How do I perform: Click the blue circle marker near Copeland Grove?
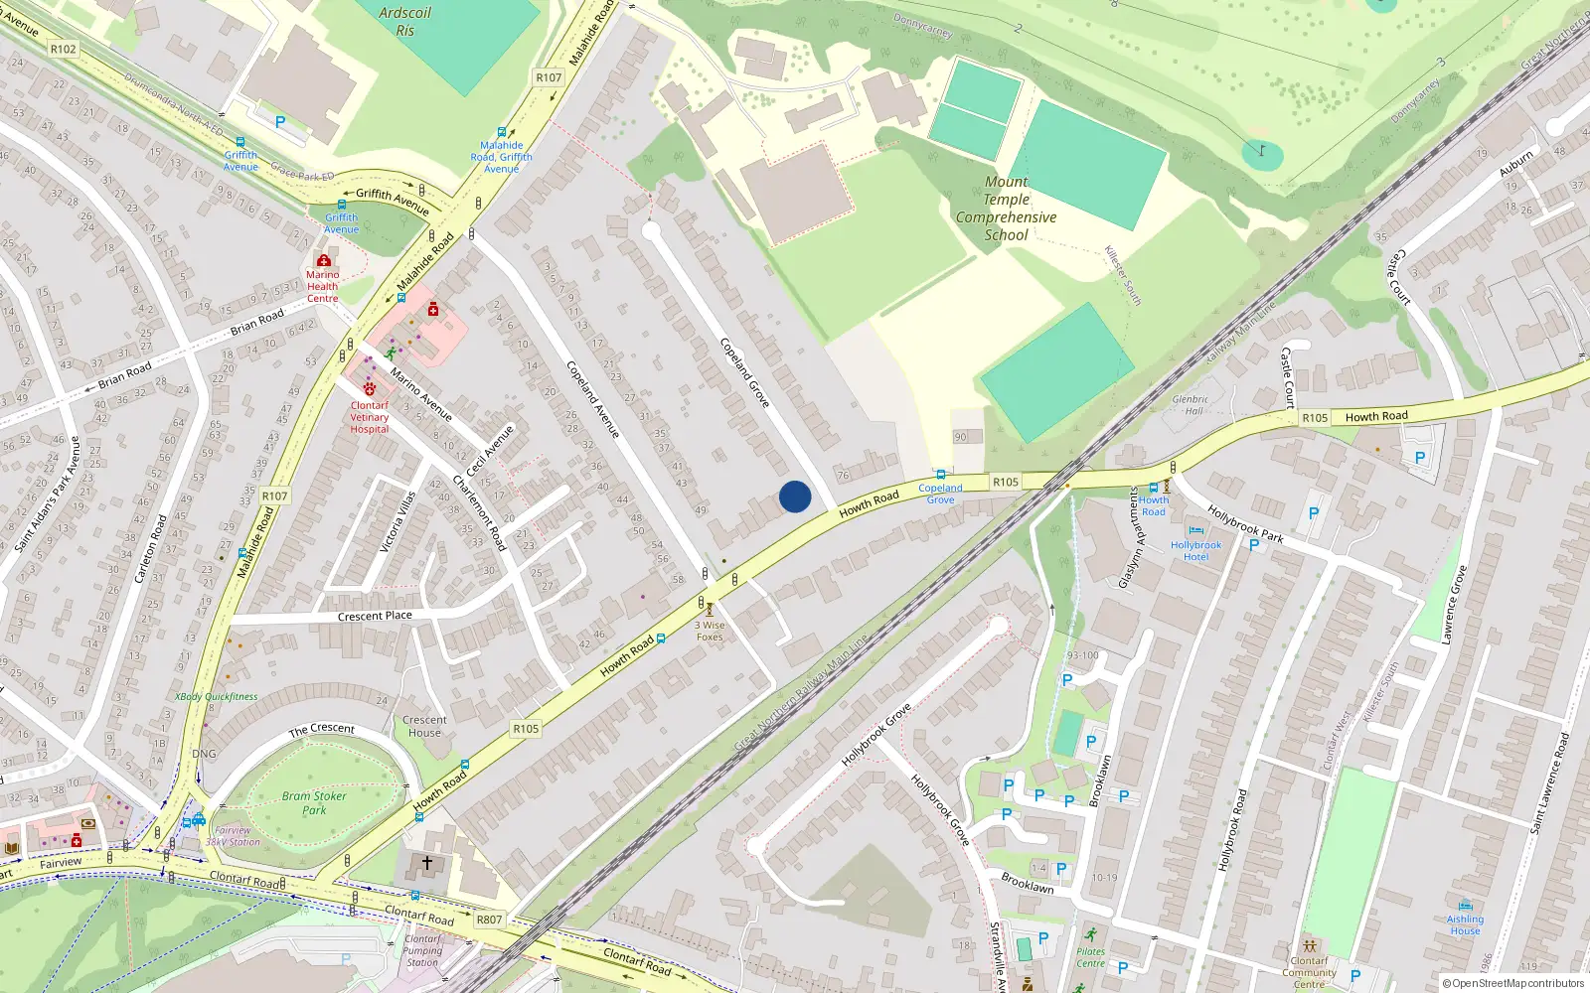point(795,496)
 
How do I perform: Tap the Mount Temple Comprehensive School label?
point(1006,209)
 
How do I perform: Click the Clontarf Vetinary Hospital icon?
point(370,389)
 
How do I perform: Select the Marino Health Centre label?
point(322,286)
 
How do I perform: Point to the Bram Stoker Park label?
point(314,802)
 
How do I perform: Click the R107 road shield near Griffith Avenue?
point(549,77)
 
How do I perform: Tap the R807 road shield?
point(489,920)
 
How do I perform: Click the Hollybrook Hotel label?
point(1195,551)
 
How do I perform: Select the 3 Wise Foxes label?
point(710,631)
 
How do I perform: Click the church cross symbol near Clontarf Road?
point(427,863)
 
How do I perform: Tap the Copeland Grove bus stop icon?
point(940,475)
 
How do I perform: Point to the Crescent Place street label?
point(375,616)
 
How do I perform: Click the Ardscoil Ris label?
point(405,21)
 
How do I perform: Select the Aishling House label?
point(1465,924)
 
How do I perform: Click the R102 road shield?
point(63,49)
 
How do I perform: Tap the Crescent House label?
point(424,726)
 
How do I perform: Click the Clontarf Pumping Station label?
point(421,950)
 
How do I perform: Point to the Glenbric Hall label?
point(1191,404)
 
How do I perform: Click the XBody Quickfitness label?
point(217,696)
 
